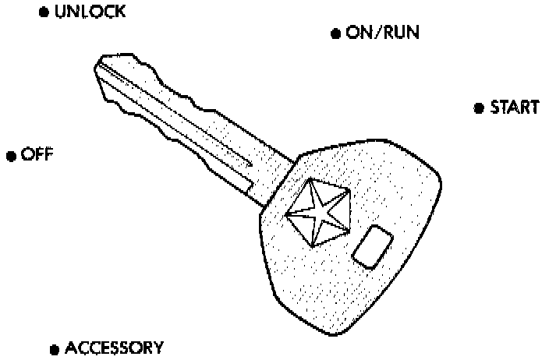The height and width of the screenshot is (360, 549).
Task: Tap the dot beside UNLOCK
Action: (x=44, y=14)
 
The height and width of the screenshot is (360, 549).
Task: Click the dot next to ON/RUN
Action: (x=335, y=34)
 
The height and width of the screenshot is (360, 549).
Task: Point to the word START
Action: (x=514, y=108)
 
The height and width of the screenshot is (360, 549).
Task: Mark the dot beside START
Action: (x=479, y=108)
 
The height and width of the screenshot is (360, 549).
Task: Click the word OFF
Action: (x=36, y=154)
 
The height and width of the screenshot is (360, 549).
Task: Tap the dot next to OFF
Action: (x=11, y=156)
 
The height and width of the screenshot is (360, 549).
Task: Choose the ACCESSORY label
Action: (x=114, y=348)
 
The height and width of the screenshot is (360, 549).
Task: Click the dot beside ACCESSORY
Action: (x=55, y=349)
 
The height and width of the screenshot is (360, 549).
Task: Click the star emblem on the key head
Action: (x=315, y=210)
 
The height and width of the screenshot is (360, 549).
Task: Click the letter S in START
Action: (x=496, y=108)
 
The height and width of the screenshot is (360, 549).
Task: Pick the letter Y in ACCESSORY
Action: (x=158, y=348)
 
